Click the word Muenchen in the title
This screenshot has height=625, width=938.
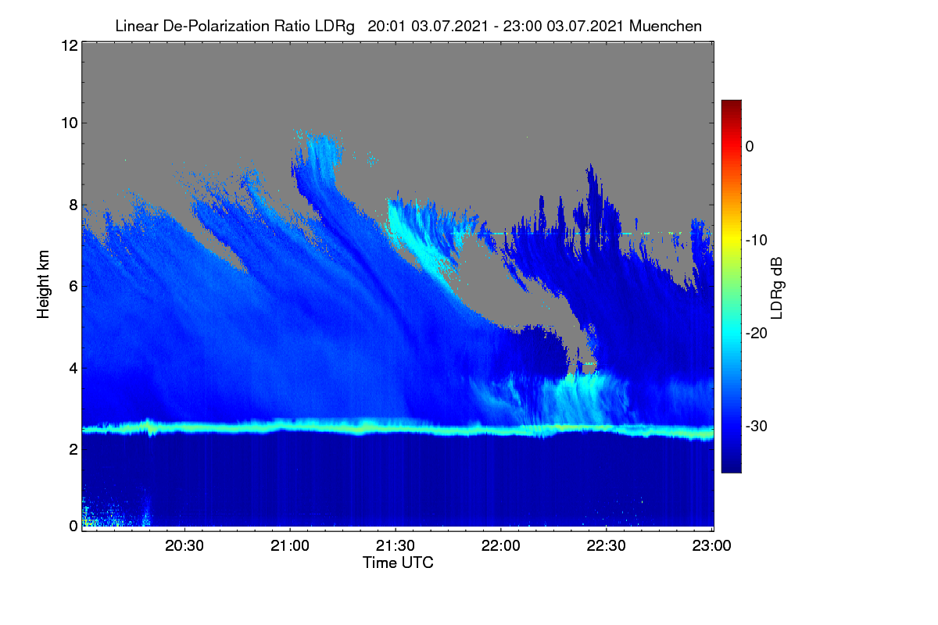665,26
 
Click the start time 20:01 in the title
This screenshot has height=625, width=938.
386,26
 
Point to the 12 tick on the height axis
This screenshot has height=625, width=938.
70,45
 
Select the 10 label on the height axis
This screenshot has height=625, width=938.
70,123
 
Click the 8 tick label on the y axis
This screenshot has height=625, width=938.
73,205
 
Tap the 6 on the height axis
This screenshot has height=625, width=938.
73,287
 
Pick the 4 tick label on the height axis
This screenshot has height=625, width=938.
73,369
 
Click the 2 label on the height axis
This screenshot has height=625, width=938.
73,449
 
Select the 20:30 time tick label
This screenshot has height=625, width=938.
184,545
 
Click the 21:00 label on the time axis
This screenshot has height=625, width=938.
290,545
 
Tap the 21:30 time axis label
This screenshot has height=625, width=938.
396,545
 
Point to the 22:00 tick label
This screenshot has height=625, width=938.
501,545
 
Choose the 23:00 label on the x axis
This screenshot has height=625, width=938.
711,545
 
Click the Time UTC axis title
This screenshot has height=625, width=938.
398,562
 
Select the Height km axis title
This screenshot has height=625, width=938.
43,284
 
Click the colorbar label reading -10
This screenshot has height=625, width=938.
757,241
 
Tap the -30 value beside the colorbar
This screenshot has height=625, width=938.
757,426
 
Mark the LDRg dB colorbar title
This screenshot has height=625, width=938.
777,288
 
